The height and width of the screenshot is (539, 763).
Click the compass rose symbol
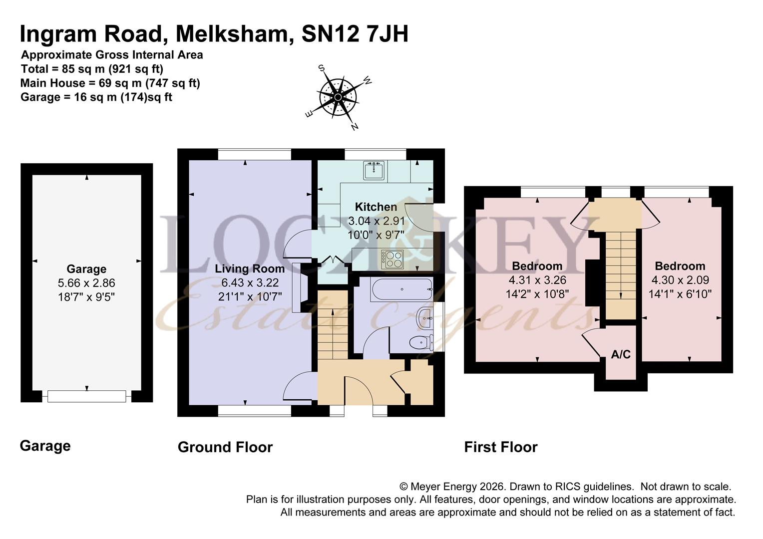pyautogui.click(x=338, y=97)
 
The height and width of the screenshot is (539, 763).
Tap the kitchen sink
pyautogui.click(x=374, y=170)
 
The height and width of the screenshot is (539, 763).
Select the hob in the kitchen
pyautogui.click(x=392, y=259)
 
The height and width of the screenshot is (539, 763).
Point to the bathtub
pyautogui.click(x=401, y=289)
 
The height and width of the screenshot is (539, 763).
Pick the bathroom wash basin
pyautogui.click(x=425, y=318)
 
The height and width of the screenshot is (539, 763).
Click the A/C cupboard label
pyautogui.click(x=621, y=354)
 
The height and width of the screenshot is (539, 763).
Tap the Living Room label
pyautogui.click(x=250, y=269)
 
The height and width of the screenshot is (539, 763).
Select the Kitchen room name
pyautogui.click(x=376, y=207)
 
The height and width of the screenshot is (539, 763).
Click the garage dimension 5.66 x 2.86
pyautogui.click(x=86, y=283)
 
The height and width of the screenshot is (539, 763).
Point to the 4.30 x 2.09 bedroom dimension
pyautogui.click(x=680, y=280)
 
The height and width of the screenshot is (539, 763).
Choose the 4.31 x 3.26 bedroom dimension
pyautogui.click(x=537, y=280)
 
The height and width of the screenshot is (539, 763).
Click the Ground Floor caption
pyautogui.click(x=225, y=447)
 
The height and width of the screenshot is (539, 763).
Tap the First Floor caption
pyautogui.click(x=501, y=447)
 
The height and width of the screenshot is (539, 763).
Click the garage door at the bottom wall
pyautogui.click(x=86, y=396)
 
